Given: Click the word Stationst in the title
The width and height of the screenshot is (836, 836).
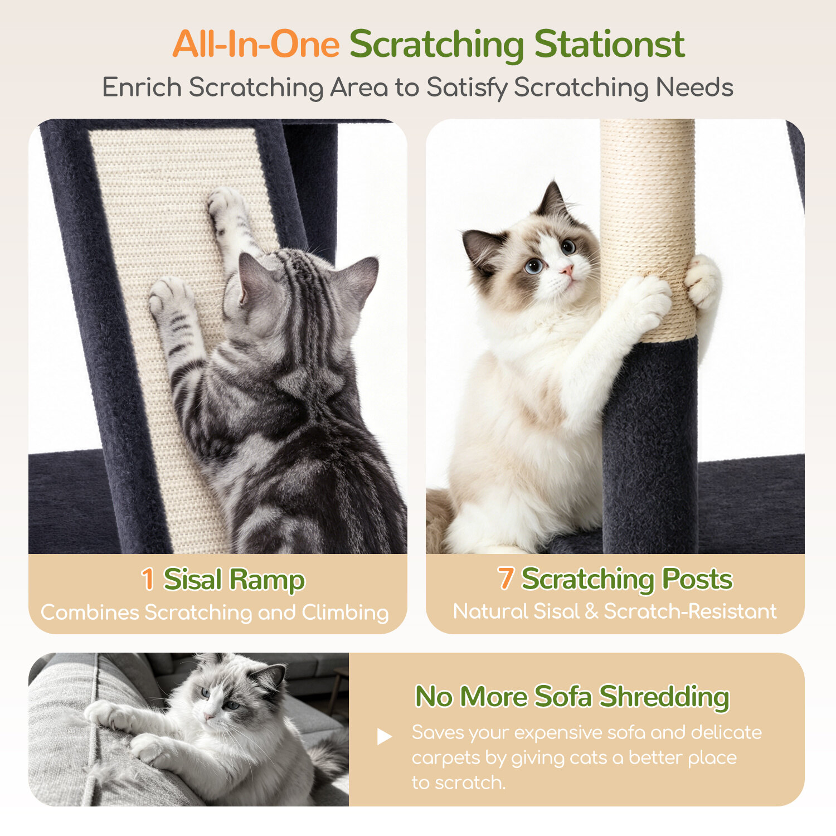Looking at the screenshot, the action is pos(609,44).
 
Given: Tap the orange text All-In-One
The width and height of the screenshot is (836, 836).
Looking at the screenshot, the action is pos(256,44).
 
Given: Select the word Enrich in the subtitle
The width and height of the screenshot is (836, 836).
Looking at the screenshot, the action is pos(142,88).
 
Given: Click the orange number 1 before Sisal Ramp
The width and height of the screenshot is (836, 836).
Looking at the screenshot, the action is pos(148,579).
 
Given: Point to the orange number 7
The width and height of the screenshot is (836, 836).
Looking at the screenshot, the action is pos(505,578).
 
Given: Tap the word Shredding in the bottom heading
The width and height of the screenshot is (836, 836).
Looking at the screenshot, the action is pos(664,697).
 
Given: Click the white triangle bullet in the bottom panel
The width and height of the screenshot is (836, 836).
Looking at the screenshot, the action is pos(384,736).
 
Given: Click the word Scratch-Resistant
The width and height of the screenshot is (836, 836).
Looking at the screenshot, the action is pos(690,611).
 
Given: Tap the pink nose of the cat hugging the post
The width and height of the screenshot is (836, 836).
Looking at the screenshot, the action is pos(567,270).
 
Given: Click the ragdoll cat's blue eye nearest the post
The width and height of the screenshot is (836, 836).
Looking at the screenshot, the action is pos(568,246).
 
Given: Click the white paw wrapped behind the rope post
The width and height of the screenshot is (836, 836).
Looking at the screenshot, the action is pos(703,281).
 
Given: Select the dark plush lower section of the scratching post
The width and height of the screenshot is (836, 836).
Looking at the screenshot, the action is pos(650,446).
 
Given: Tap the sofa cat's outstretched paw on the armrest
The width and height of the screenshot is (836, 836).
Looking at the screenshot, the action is pos(106,716).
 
